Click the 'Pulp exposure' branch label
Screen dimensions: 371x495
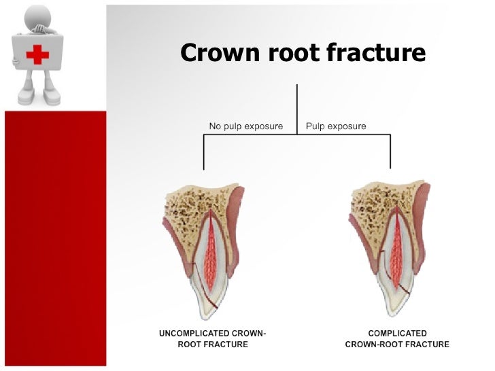tap(336, 126)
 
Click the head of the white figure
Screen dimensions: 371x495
tap(35, 17)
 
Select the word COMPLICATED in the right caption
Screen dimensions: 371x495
tap(397, 334)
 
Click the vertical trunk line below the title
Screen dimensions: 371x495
tap(297, 109)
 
